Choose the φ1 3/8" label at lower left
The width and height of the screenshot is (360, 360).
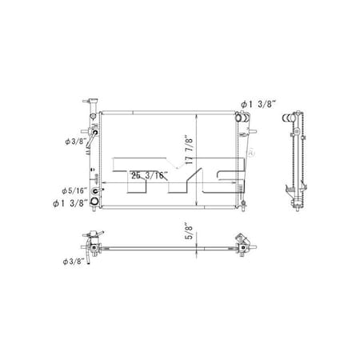coord(74,205)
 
